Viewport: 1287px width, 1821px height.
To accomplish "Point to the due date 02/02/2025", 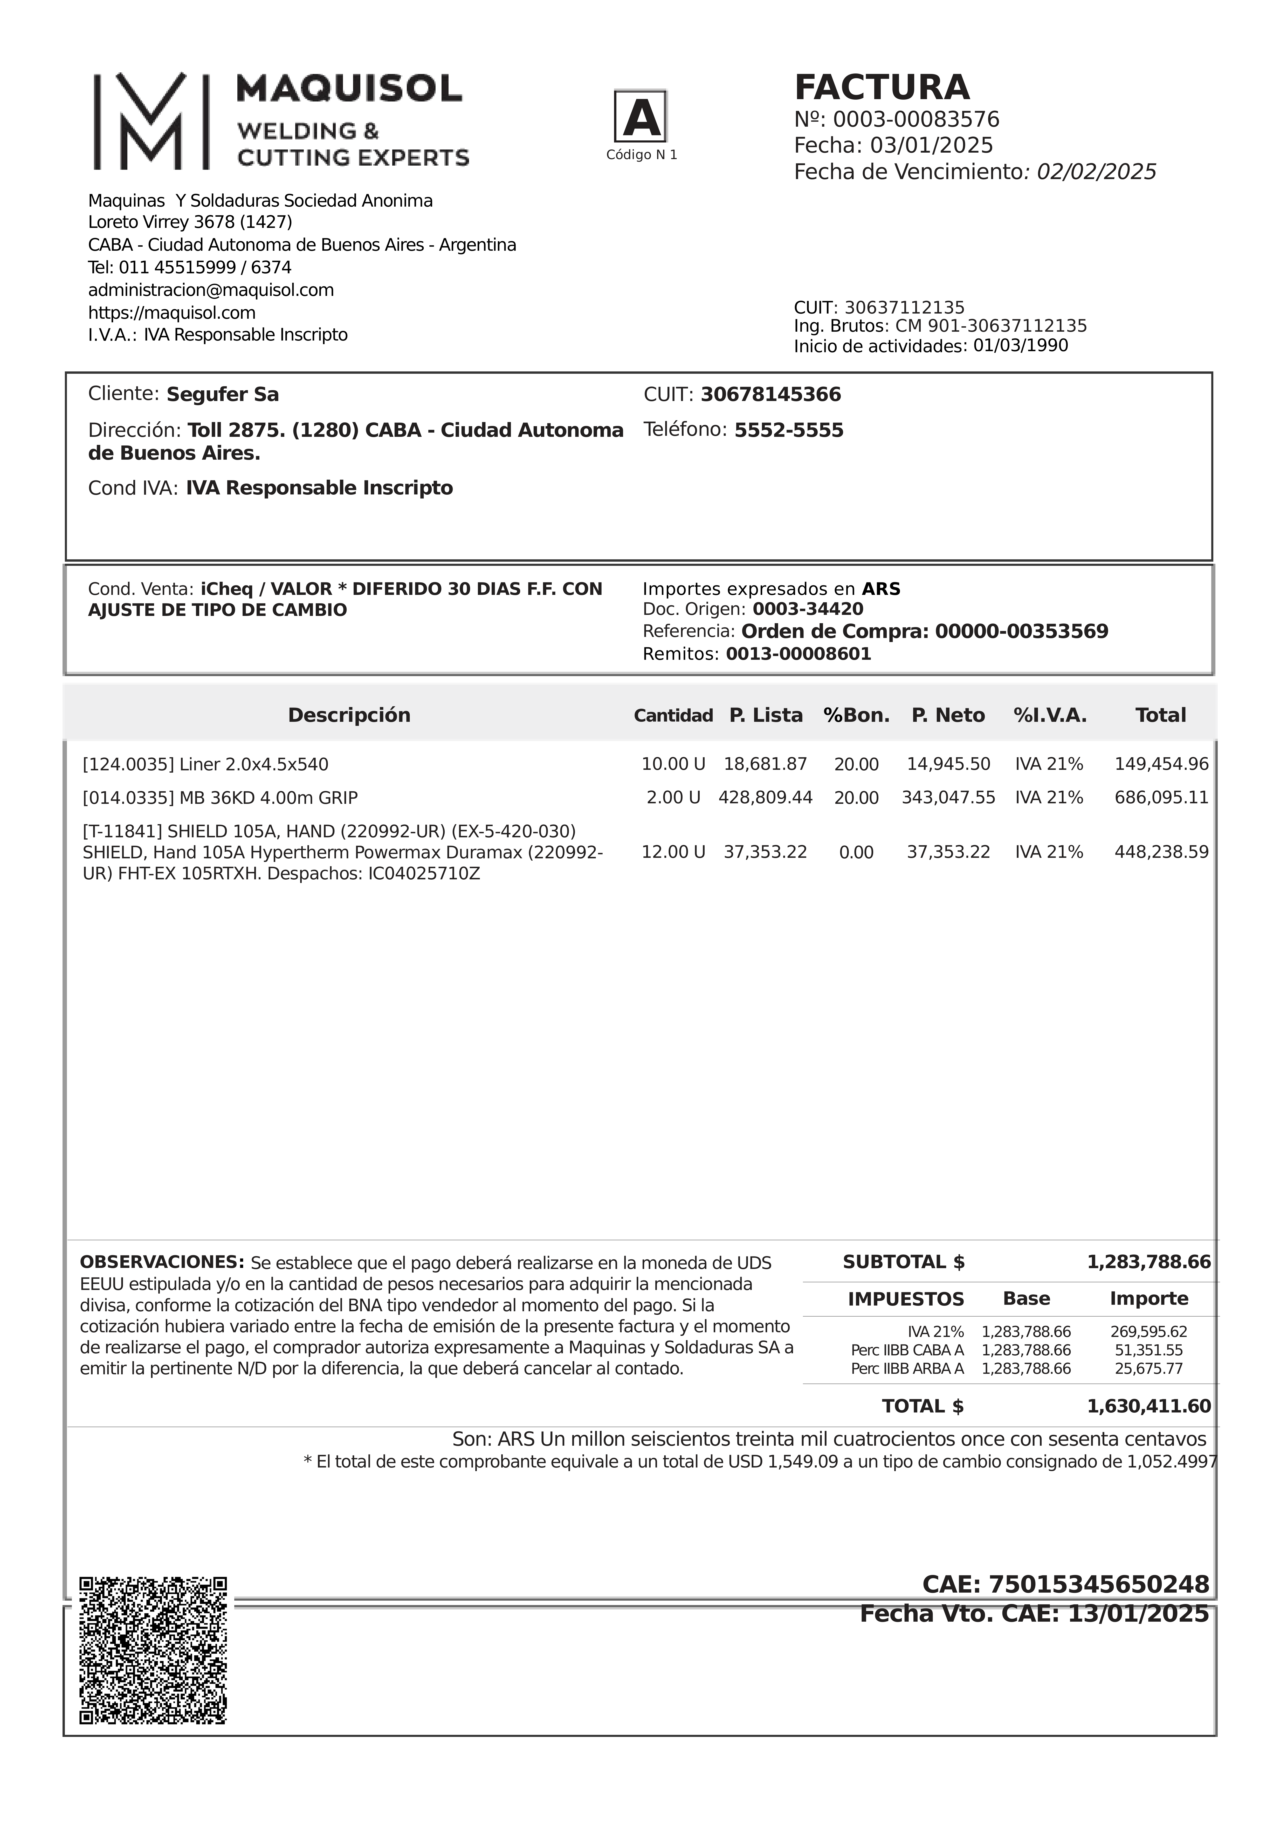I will (x=1094, y=172).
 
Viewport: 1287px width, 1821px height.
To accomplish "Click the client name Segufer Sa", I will (x=223, y=395).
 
